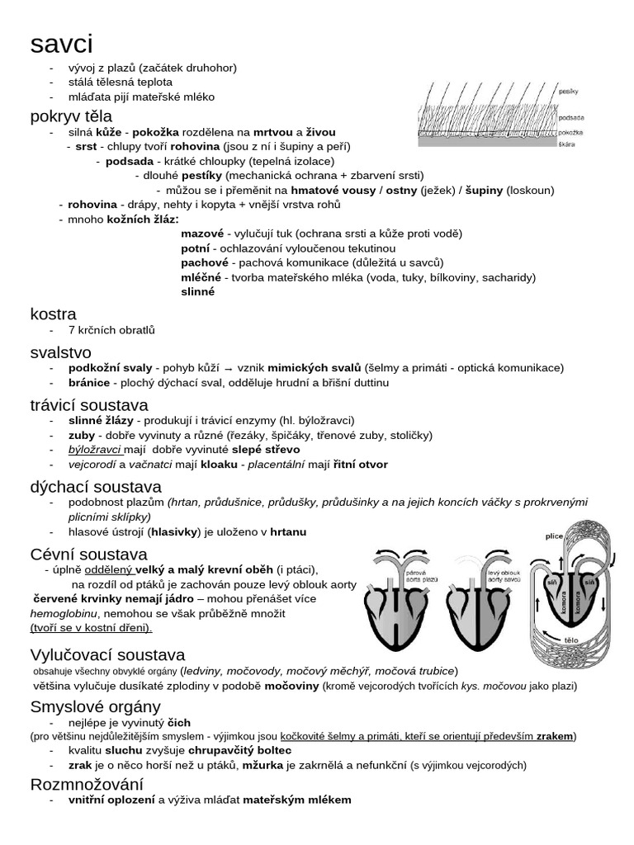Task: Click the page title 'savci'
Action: click(x=62, y=43)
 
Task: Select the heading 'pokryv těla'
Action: click(x=71, y=116)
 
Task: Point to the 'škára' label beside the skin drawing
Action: click(x=567, y=145)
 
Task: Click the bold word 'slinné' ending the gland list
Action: click(x=198, y=291)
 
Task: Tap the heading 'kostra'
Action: click(x=53, y=314)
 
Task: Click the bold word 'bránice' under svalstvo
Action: click(x=89, y=382)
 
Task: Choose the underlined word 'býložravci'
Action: click(x=96, y=449)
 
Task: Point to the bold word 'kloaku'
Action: click(x=216, y=464)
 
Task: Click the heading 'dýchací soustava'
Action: click(x=96, y=487)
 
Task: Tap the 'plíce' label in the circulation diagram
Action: click(x=554, y=536)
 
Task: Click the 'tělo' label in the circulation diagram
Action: click(x=570, y=640)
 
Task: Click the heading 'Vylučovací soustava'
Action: click(x=107, y=654)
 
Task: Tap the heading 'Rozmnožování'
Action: click(x=87, y=783)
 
